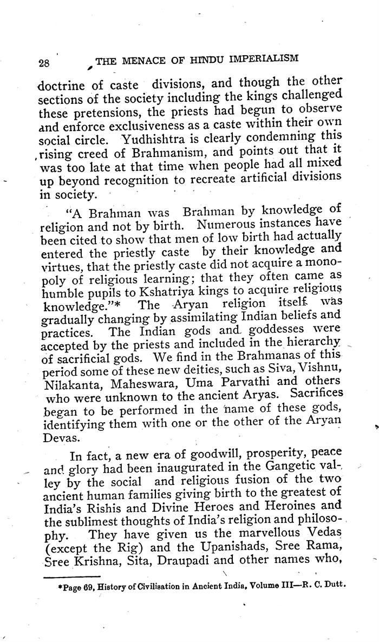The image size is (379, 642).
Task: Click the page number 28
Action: (44, 63)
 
